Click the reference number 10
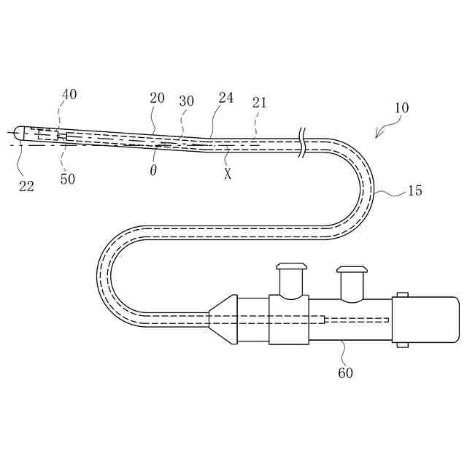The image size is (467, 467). click(x=401, y=107)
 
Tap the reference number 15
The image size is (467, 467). click(x=414, y=190)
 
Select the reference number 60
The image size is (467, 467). click(x=345, y=372)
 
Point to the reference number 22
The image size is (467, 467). click(x=26, y=185)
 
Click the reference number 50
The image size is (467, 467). click(x=67, y=179)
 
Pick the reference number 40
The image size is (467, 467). click(x=69, y=94)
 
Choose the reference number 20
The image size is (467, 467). click(x=157, y=99)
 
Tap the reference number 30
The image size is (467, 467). click(x=187, y=101)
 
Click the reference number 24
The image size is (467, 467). click(x=226, y=97)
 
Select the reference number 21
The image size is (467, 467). click(x=260, y=103)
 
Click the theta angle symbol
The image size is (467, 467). click(x=153, y=169)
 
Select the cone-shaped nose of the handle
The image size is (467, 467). click(x=223, y=320)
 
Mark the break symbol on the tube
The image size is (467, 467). click(x=302, y=142)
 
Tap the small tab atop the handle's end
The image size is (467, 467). click(x=402, y=295)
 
